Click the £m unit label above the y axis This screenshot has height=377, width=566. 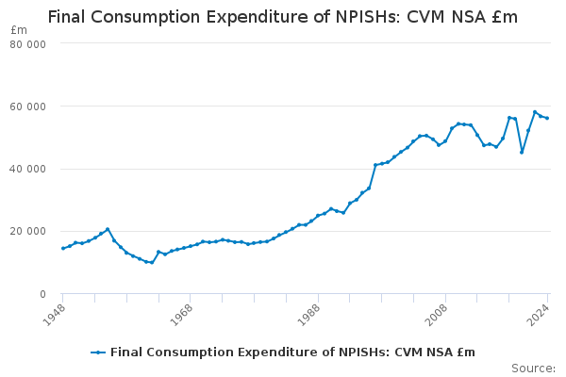19,30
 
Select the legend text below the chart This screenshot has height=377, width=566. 292,352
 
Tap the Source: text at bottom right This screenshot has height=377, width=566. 533,368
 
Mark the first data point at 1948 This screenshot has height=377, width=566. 63,249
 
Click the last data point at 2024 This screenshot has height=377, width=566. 547,118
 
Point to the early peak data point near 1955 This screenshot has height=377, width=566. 108,229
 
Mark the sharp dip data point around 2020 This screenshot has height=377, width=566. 522,152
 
